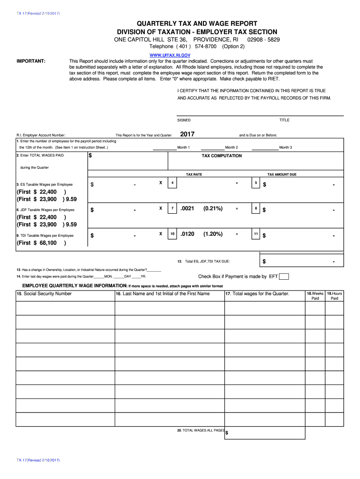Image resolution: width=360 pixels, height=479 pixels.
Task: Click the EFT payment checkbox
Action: point(284,276)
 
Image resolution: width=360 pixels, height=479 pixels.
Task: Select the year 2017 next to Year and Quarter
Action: point(187,135)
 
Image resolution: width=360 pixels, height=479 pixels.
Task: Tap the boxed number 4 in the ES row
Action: point(173,182)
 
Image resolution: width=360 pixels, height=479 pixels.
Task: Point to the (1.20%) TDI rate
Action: point(213,234)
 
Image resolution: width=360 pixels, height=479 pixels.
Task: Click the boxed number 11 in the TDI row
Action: point(256,234)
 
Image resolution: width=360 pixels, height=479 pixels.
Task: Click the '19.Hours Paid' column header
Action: point(334,296)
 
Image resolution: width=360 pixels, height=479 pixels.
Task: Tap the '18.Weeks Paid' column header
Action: point(315,296)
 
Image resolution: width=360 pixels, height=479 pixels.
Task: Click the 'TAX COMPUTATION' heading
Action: point(222,156)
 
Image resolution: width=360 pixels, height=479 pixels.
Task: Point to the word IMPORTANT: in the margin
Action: point(31,61)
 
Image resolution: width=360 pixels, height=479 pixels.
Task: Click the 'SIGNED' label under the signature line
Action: point(184,120)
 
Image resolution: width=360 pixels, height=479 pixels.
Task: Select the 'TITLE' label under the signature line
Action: point(284,120)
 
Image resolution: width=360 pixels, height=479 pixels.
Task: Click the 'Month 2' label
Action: point(231,147)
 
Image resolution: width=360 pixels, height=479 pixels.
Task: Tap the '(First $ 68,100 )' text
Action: point(41,243)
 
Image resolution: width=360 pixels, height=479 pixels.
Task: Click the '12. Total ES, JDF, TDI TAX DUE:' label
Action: point(203,261)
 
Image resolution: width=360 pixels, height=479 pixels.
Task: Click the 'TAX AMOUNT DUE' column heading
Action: point(281,174)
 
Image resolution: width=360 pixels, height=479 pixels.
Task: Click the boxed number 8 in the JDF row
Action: point(256,208)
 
